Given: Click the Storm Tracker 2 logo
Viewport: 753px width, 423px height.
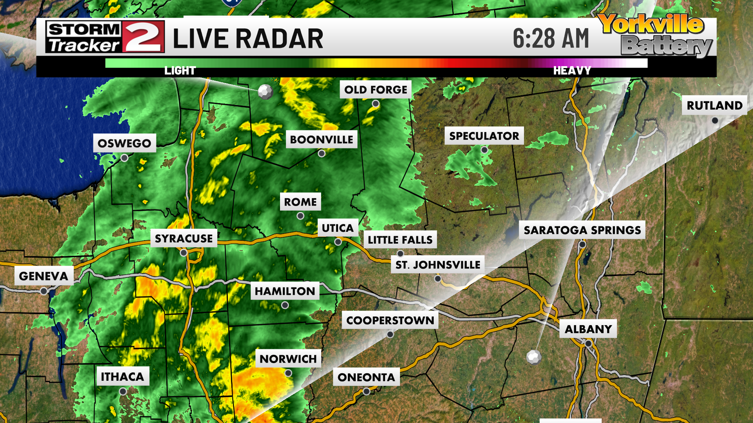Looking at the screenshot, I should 105,37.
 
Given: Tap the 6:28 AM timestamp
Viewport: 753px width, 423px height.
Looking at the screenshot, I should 551,38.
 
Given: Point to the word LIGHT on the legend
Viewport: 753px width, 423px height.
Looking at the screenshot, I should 180,71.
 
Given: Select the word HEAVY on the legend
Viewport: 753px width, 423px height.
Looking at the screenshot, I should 571,71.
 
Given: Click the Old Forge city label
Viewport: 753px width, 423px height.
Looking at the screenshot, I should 375,90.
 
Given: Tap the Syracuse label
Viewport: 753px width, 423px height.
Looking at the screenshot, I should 184,239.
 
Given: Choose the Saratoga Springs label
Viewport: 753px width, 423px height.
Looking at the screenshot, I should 582,230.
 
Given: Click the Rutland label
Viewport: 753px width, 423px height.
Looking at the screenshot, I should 714,105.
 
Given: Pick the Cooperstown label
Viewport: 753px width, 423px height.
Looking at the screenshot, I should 390,320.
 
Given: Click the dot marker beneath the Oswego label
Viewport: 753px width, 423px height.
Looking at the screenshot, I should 124,158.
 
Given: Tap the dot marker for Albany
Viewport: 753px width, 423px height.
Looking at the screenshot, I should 588,343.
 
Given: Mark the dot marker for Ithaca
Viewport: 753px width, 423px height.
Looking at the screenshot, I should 123,391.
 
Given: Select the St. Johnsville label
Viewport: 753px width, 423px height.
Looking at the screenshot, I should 438,265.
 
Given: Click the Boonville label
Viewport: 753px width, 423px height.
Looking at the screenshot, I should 321,139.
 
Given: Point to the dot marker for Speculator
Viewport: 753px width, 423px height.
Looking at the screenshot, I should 484,150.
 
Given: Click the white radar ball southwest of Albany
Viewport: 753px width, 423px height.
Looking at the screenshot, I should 534,357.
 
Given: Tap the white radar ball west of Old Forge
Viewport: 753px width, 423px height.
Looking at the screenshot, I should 266,92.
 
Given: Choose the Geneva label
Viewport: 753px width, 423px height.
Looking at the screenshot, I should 44,276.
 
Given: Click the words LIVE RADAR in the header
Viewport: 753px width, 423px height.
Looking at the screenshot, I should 248,39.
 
